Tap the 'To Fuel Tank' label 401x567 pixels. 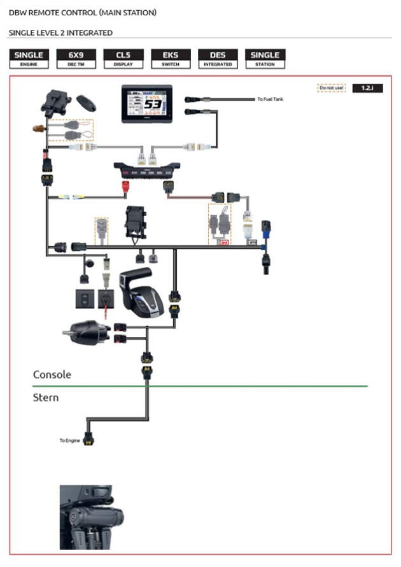point(271,99)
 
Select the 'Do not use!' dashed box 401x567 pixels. point(331,88)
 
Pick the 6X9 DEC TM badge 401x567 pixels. point(76,59)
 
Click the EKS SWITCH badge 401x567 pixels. point(171,59)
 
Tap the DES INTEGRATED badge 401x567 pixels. point(218,59)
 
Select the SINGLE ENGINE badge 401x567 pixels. point(29,59)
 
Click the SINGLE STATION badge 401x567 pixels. point(265,59)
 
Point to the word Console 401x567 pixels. point(52,375)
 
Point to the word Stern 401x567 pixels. point(46,398)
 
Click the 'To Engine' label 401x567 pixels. point(69,440)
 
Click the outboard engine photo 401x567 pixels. point(86,517)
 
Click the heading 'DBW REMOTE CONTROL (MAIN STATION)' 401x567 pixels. point(82,13)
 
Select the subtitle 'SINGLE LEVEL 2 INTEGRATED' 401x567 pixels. point(60,32)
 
